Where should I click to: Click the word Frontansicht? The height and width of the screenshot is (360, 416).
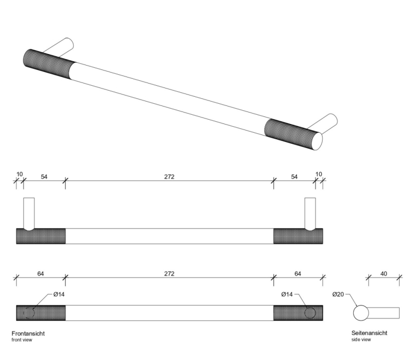[x=28, y=333]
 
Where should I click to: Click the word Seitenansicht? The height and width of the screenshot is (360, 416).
[x=370, y=333]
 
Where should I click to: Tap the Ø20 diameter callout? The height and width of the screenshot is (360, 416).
[x=338, y=295]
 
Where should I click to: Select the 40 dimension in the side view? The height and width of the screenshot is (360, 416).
[x=384, y=274]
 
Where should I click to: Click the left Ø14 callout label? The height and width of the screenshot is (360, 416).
[x=59, y=295]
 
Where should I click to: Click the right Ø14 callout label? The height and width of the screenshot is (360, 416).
[x=288, y=295]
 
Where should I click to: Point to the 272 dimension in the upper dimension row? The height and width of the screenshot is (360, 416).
[x=169, y=176]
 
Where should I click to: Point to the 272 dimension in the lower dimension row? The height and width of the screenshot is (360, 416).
[x=169, y=274]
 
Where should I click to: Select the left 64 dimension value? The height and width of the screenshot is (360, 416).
[x=40, y=274]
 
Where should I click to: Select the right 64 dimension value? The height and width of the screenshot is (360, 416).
[x=298, y=274]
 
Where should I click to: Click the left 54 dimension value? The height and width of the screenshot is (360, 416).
[x=44, y=176]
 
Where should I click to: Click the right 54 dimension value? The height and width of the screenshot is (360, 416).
[x=295, y=176]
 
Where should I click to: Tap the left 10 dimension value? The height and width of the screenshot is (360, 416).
[x=20, y=174]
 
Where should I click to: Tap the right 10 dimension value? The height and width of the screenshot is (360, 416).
[x=319, y=174]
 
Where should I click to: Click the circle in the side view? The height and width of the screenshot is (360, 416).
[x=361, y=313]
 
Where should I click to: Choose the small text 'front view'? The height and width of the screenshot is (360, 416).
[x=22, y=340]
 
